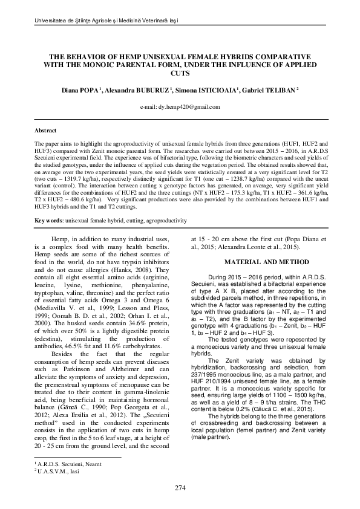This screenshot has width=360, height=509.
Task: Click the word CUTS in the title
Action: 180,73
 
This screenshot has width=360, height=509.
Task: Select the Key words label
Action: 48,220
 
